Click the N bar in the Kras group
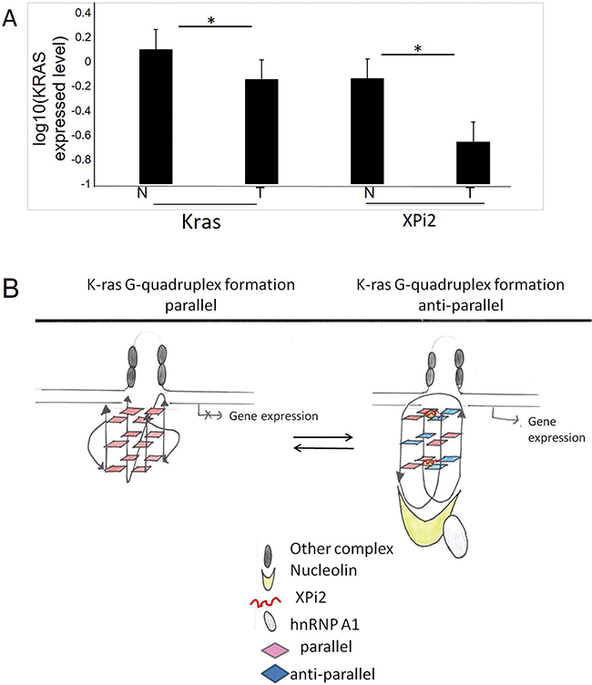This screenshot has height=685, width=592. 156,117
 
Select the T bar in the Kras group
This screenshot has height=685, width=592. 261,131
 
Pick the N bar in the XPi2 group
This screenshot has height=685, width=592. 367,131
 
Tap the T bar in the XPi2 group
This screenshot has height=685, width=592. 474,162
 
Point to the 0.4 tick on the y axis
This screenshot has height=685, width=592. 83,13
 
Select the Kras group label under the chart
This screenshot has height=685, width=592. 201,221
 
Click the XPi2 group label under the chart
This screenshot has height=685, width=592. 419,220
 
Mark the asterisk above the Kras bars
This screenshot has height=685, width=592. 211,21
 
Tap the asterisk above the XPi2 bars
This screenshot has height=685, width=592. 418,49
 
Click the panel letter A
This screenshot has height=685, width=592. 9,18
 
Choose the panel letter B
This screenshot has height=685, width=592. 11,289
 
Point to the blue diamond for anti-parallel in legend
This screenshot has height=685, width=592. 275,674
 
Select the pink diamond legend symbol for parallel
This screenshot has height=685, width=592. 275,650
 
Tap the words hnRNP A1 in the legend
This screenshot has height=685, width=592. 324,624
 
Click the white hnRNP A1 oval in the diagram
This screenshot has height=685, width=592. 456,537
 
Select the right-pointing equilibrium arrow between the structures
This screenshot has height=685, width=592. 323,437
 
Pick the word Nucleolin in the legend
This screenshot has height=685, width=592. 323,570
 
